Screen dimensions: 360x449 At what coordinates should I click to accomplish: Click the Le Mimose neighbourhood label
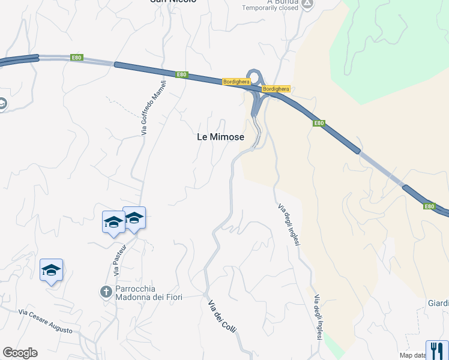tap(220, 137)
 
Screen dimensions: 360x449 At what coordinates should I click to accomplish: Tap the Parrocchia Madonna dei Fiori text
tap(148, 293)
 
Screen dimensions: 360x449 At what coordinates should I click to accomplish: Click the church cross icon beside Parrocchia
tap(106, 292)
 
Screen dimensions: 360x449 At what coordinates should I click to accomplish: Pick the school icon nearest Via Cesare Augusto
tap(52, 271)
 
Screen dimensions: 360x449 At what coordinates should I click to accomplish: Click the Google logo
tap(20, 353)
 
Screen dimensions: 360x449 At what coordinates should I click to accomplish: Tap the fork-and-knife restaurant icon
tap(436, 350)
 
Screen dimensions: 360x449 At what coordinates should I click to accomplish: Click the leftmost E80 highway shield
tap(76, 58)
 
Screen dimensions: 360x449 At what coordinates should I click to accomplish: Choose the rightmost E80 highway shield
tap(429, 206)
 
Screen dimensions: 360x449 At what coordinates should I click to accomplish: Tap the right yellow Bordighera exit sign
tap(276, 89)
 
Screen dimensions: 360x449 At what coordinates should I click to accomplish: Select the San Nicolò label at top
tap(173, 2)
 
